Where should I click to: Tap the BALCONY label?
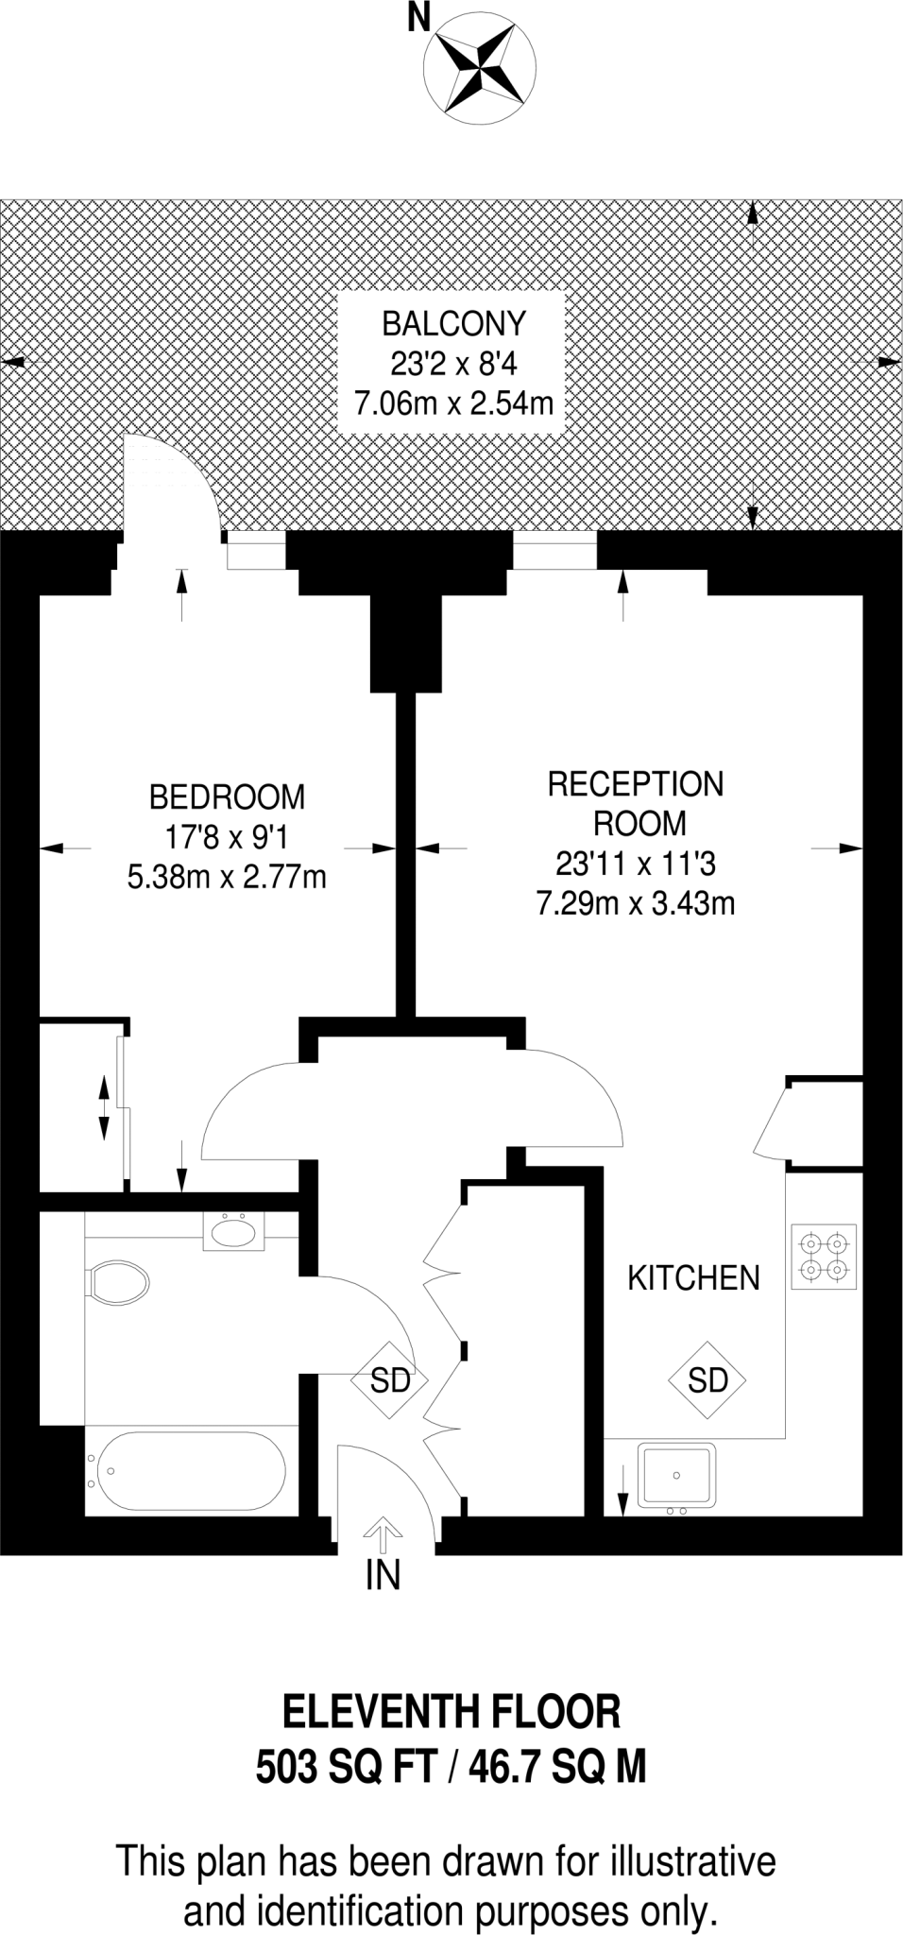[453, 324]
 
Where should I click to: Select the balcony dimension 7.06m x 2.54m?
[453, 404]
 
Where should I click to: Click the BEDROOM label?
[227, 797]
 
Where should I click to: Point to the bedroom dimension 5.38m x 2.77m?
[227, 878]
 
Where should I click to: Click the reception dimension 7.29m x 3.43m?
[636, 904]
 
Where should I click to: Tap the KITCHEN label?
[693, 1278]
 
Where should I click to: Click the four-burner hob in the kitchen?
[824, 1257]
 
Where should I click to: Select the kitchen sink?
[676, 1475]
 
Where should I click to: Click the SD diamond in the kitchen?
[707, 1380]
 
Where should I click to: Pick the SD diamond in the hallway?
[390, 1380]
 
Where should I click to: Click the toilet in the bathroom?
[118, 1283]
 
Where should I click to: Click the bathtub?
[185, 1472]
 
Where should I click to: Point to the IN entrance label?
[383, 1576]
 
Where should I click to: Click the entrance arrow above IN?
[383, 1535]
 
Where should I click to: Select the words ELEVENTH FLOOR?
[451, 1711]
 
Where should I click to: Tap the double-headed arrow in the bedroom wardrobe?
[103, 1106]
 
